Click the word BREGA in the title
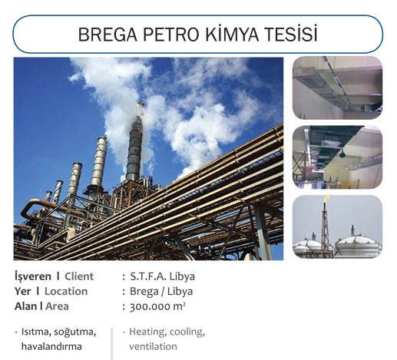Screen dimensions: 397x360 (x=108, y=35)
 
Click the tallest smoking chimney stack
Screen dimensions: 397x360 (x=134, y=147)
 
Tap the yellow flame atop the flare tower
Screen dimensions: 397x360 (x=326, y=198)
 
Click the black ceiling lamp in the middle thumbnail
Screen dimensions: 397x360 (x=342, y=154)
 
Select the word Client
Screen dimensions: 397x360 (x=79, y=276)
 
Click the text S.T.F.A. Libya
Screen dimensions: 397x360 (x=162, y=276)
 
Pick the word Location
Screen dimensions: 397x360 (x=66, y=291)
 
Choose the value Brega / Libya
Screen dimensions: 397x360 (x=161, y=292)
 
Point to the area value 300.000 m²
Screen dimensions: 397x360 (x=157, y=306)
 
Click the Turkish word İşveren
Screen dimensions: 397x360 (x=33, y=276)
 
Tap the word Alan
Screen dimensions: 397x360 (x=25, y=306)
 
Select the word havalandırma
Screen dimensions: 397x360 (x=51, y=346)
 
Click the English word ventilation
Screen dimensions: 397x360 (x=153, y=346)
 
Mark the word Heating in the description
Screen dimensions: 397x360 (x=147, y=332)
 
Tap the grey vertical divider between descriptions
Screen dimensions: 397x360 (x=112, y=343)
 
